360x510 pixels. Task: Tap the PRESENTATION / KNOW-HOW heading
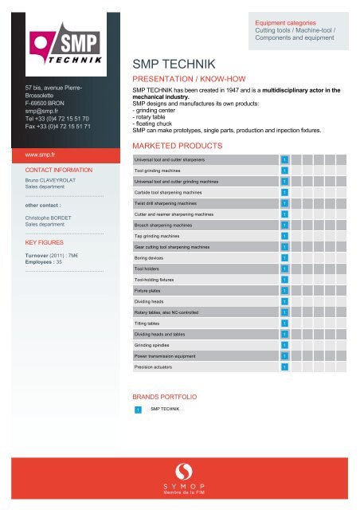[183, 80]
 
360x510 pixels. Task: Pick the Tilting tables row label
[151, 323]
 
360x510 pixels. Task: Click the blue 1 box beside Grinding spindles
[284, 345]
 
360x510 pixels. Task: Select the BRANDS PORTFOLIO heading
[163, 395]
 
